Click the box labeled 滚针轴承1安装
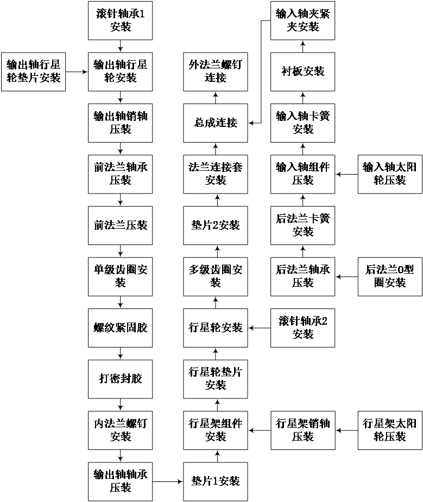click(120, 21)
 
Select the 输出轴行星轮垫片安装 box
click(33, 72)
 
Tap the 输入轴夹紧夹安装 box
click(302, 21)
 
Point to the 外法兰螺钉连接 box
click(215, 72)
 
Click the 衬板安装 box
click(302, 72)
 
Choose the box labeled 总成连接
click(215, 123)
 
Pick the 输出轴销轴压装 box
click(120, 123)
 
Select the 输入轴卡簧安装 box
click(302, 123)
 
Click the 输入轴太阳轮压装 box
click(390, 174)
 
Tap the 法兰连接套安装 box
click(215, 174)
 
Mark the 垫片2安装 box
click(215, 225)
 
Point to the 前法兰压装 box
click(120, 225)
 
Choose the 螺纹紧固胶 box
click(120, 327)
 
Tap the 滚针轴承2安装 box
click(302, 327)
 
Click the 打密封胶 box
click(120, 378)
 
